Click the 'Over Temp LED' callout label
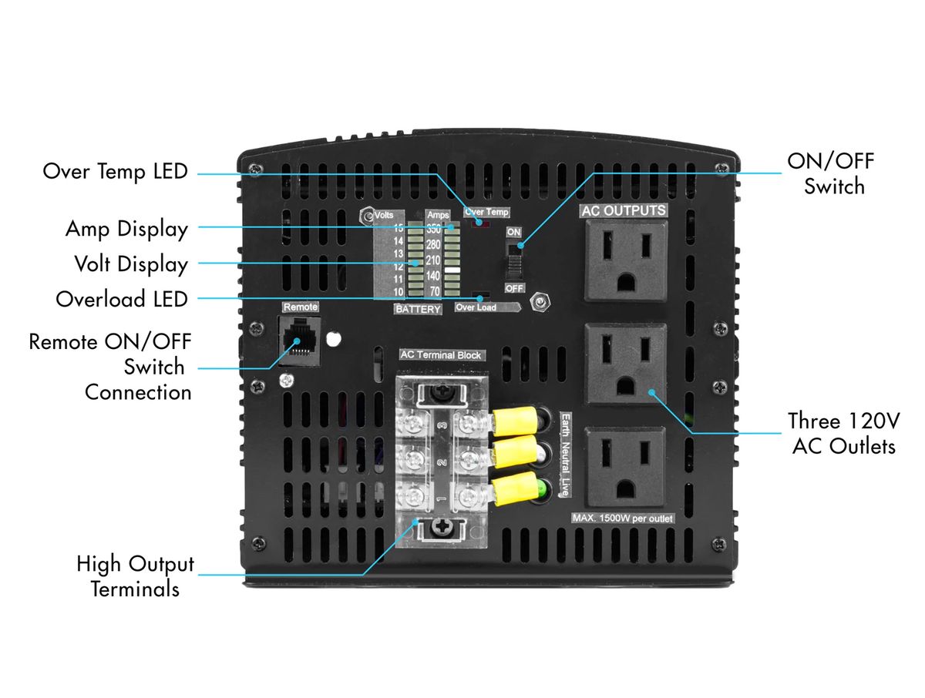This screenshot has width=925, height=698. point(115,171)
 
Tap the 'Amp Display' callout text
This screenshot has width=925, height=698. point(126,229)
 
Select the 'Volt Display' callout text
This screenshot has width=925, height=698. point(131,264)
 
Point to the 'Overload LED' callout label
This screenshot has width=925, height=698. point(122,299)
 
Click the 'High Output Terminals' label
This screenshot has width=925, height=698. point(135,576)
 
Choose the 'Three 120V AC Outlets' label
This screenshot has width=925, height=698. point(844,433)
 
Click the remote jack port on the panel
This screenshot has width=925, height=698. point(300,341)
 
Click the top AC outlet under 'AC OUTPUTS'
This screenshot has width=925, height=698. point(625,260)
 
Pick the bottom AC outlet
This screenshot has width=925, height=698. point(625,467)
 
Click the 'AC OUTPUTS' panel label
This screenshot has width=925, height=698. point(622,210)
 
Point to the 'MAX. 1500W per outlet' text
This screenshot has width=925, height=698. point(622,518)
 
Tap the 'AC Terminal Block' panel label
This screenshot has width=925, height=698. point(441,355)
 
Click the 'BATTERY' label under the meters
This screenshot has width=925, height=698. point(418,310)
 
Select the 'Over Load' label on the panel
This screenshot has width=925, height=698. point(476,307)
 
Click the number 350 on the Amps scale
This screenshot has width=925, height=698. point(433,229)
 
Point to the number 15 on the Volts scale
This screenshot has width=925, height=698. point(399,228)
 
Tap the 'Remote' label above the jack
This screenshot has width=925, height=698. point(300,307)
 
